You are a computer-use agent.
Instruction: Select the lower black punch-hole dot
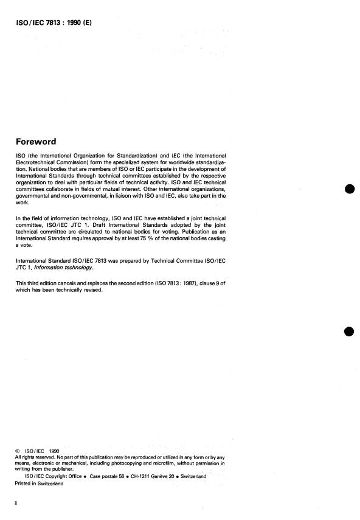[349, 331]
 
